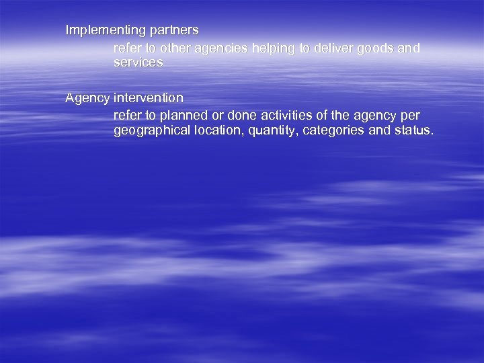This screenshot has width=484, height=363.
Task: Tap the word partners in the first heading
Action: pos(173,30)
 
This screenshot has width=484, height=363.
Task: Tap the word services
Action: pos(138,62)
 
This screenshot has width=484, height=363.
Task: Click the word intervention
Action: pos(149,98)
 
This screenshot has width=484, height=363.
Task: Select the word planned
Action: pos(180,116)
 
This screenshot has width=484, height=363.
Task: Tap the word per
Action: pos(409,116)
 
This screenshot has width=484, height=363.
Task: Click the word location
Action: pos(219,130)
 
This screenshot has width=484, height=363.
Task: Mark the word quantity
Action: pos(274,130)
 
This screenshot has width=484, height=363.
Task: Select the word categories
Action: pos(333,130)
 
